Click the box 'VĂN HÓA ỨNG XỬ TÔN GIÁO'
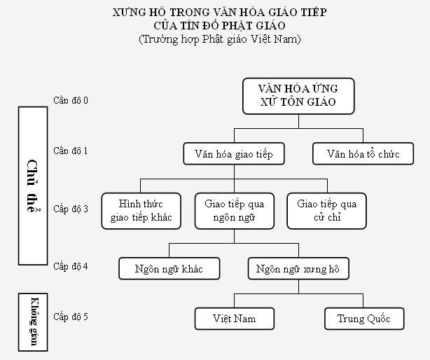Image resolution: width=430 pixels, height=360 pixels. pyautogui.click(x=298, y=95)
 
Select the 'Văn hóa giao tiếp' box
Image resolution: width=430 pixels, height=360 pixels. pyautogui.click(x=234, y=154)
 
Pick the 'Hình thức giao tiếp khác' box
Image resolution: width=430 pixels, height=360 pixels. pyautogui.click(x=141, y=211)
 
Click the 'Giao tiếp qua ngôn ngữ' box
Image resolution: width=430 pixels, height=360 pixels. pyautogui.click(x=234, y=211)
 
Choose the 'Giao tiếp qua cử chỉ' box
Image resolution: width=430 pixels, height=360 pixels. pyautogui.click(x=326, y=211)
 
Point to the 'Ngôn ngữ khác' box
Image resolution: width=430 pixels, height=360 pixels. pyautogui.click(x=169, y=268)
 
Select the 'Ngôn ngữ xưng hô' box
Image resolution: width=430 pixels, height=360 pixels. pyautogui.click(x=298, y=268)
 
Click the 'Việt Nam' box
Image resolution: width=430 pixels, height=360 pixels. pyautogui.click(x=234, y=319)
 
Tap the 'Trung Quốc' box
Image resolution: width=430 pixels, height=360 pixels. pyautogui.click(x=365, y=319)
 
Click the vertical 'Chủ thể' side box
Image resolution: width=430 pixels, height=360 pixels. pyautogui.click(x=32, y=186)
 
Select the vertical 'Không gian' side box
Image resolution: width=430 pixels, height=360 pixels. pyautogui.click(x=32, y=317)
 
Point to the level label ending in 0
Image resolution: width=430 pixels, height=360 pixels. pyautogui.click(x=71, y=100)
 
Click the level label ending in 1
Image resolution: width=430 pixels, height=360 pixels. pyautogui.click(x=71, y=151)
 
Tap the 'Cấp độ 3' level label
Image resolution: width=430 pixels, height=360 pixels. pyautogui.click(x=71, y=209)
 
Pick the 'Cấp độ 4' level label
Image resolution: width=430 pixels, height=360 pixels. pyautogui.click(x=71, y=266)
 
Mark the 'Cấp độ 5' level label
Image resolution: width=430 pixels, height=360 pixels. pyautogui.click(x=71, y=317)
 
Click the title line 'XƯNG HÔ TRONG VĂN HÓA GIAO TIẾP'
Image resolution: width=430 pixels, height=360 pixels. pyautogui.click(x=219, y=13)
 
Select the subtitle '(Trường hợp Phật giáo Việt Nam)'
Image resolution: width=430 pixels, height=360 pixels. pyautogui.click(x=219, y=39)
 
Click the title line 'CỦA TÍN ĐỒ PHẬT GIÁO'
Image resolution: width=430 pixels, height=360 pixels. pyautogui.click(x=219, y=26)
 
